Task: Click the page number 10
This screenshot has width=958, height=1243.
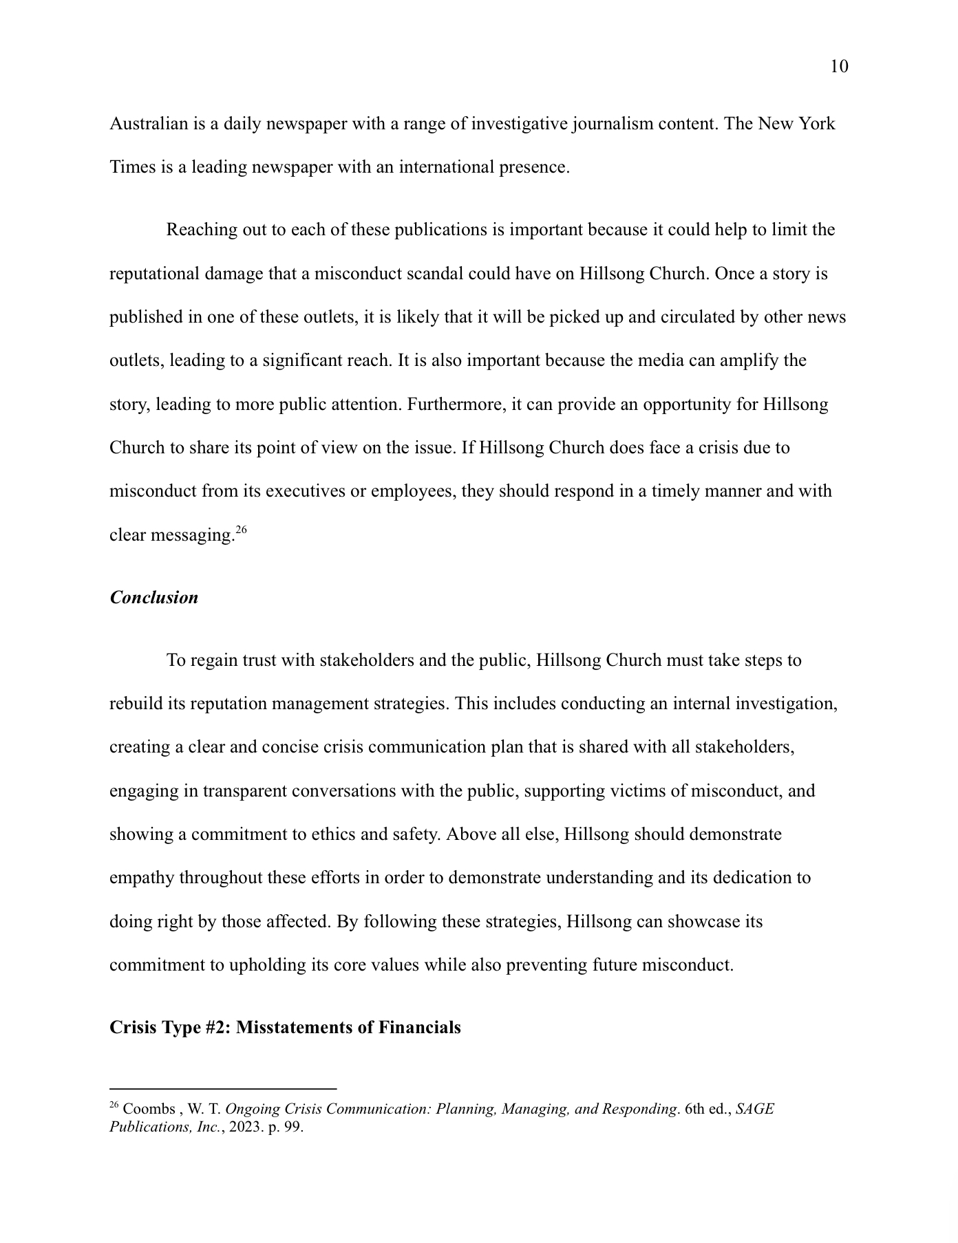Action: click(x=839, y=67)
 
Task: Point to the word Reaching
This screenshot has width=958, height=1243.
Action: click(x=201, y=230)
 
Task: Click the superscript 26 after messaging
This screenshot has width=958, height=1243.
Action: click(x=241, y=530)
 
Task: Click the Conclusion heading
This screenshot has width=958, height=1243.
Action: click(x=154, y=597)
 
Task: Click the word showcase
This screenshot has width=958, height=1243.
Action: click(x=701, y=921)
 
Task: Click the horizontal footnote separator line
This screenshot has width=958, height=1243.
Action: click(x=223, y=1089)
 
